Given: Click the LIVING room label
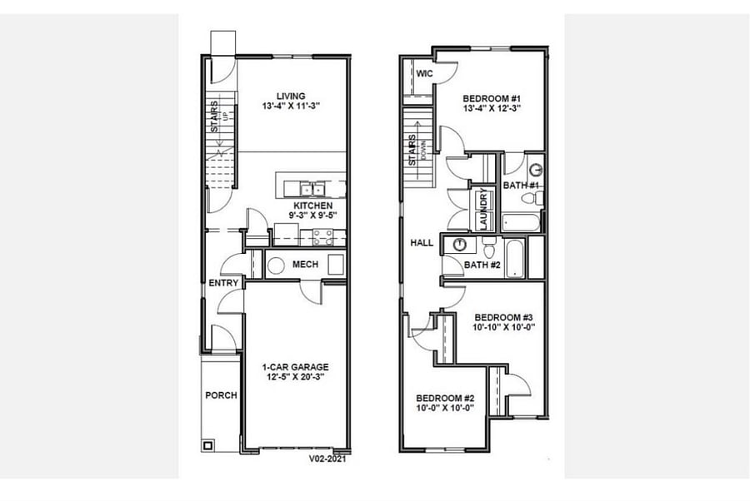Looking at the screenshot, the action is pos(291,96).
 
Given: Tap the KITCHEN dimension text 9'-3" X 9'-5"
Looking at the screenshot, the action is pos(312,215).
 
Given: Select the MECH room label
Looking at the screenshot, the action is pos(305,264).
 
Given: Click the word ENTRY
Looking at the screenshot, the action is pos(223,283).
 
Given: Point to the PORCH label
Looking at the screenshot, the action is pos(221,395).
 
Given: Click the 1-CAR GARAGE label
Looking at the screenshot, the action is pos(295,367).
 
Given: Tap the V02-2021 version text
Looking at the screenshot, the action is pos(327,459).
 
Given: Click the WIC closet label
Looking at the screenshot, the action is pos(424,73).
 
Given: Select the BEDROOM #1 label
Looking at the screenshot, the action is pos(491,98).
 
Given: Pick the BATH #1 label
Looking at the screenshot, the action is pos(521,185).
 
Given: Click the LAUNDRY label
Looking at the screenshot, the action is pos(483,209).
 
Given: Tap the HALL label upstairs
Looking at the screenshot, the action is pos(422,243).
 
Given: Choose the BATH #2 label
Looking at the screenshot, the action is pos(482,264).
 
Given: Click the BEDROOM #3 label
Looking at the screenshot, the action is pos(503,317).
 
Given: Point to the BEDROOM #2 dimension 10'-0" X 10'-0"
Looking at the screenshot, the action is pos(445,408).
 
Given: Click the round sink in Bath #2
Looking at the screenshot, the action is pos(460,244).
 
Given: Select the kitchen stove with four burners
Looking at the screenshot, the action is pos(322,237).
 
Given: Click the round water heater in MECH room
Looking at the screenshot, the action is pos(276,265).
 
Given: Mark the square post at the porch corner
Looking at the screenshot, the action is pos(207,446).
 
